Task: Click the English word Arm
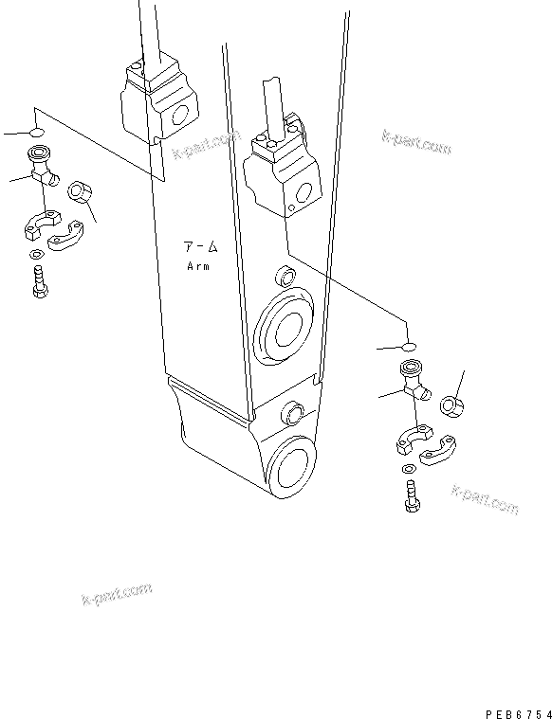(x=198, y=266)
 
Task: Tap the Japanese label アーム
(x=200, y=248)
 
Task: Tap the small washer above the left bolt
(x=35, y=254)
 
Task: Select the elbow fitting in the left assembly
(x=42, y=168)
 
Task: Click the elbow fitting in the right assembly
(x=414, y=382)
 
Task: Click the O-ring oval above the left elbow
(x=36, y=131)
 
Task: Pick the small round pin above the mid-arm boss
(x=282, y=278)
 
